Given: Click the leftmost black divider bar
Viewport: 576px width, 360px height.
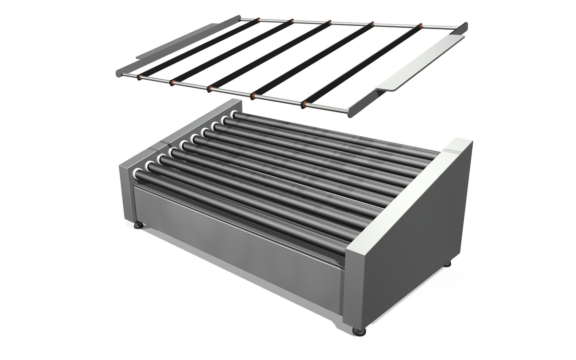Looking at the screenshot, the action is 197,48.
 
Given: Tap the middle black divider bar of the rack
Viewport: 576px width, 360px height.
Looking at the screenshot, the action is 269,55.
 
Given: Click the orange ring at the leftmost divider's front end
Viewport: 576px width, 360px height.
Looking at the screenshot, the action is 139,77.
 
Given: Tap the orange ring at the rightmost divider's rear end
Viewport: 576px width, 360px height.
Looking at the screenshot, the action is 420,25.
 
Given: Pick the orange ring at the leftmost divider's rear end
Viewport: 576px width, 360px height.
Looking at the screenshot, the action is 258,21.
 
